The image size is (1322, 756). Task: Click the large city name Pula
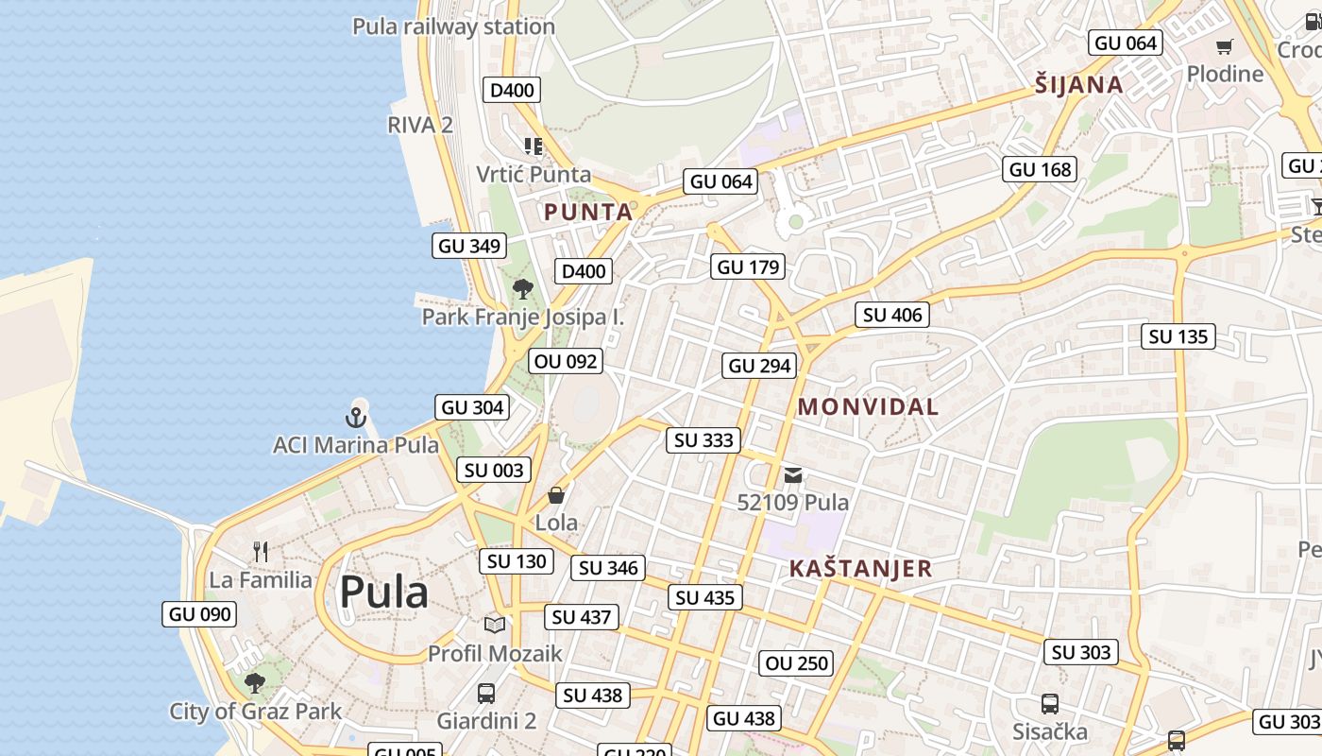click(x=383, y=593)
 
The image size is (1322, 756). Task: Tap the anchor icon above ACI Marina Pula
click(x=356, y=417)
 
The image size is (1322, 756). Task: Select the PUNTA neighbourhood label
click(x=588, y=213)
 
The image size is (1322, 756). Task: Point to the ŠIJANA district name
click(x=1078, y=85)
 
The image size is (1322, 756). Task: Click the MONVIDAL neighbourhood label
click(x=868, y=407)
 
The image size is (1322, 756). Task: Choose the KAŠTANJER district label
click(x=859, y=569)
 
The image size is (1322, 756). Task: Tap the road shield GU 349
click(x=469, y=247)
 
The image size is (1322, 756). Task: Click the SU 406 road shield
click(x=892, y=315)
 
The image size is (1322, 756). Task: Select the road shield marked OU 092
click(x=566, y=361)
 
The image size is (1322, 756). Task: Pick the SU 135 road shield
click(x=1178, y=336)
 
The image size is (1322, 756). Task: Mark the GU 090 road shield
click(x=199, y=614)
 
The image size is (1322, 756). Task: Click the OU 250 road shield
click(x=797, y=663)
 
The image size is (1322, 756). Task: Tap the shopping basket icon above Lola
click(x=556, y=495)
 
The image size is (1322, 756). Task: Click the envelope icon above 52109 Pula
click(x=793, y=474)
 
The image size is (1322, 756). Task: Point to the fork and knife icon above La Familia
click(x=261, y=552)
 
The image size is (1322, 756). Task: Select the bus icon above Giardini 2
click(x=485, y=694)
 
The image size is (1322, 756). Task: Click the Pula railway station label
click(x=453, y=26)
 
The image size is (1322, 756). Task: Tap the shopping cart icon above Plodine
click(x=1224, y=46)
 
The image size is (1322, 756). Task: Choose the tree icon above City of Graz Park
click(x=254, y=682)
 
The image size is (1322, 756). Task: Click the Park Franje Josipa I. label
click(x=522, y=317)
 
